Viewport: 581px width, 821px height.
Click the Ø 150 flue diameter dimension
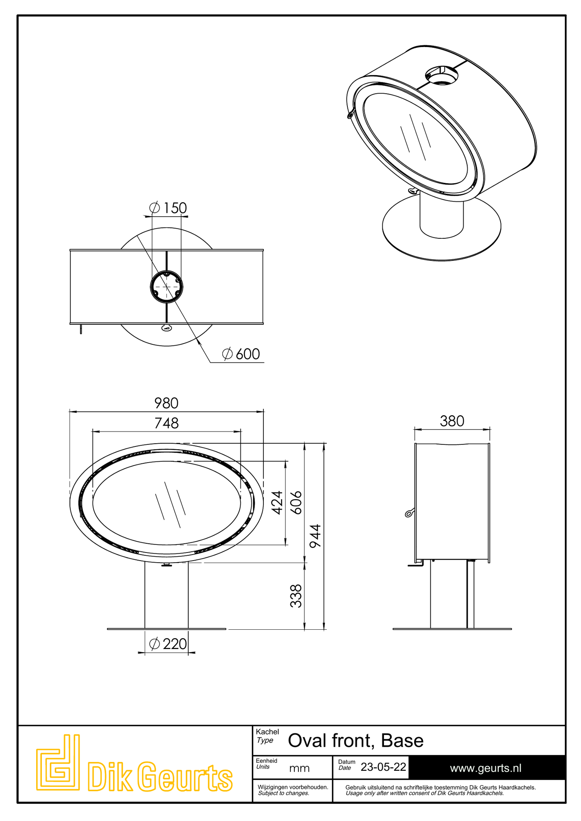(168, 208)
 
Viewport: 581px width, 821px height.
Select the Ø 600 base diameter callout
(241, 354)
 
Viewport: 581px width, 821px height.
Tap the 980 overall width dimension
(166, 403)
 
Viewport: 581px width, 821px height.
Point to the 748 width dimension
(166, 423)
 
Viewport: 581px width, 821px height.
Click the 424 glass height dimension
(277, 502)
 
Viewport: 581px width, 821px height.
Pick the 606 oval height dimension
(296, 502)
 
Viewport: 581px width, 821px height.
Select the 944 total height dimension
(315, 536)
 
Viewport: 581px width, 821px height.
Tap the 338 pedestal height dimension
(296, 596)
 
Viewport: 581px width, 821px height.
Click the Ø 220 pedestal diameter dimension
(168, 644)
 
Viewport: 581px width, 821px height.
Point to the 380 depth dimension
(452, 421)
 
